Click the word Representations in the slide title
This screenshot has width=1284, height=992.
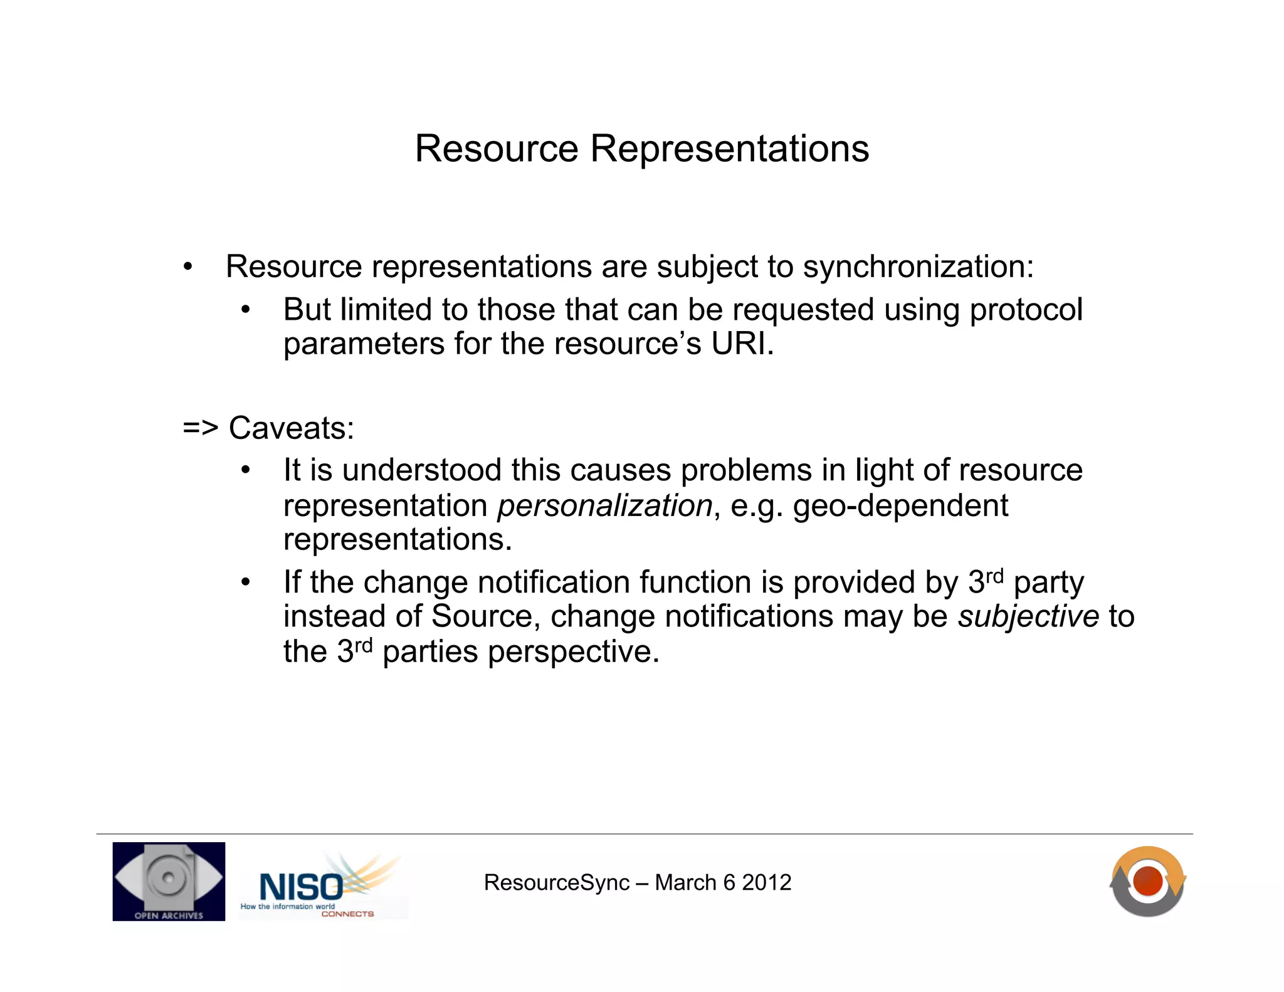point(729,149)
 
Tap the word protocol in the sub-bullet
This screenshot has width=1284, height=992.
point(1026,310)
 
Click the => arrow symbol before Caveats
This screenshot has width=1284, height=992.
point(200,428)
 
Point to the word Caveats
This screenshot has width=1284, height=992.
point(291,428)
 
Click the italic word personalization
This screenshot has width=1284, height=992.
point(604,505)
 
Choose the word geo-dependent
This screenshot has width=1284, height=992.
point(900,505)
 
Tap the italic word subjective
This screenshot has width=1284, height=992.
point(1028,616)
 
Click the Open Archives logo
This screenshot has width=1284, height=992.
point(169,881)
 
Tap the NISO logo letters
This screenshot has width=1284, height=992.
point(301,887)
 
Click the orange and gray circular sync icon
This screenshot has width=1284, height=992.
point(1147,881)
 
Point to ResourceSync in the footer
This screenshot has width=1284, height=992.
point(556,882)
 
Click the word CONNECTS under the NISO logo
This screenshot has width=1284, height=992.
point(347,914)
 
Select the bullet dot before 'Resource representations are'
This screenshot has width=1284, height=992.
point(187,268)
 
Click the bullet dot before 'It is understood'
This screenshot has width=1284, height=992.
point(246,471)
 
